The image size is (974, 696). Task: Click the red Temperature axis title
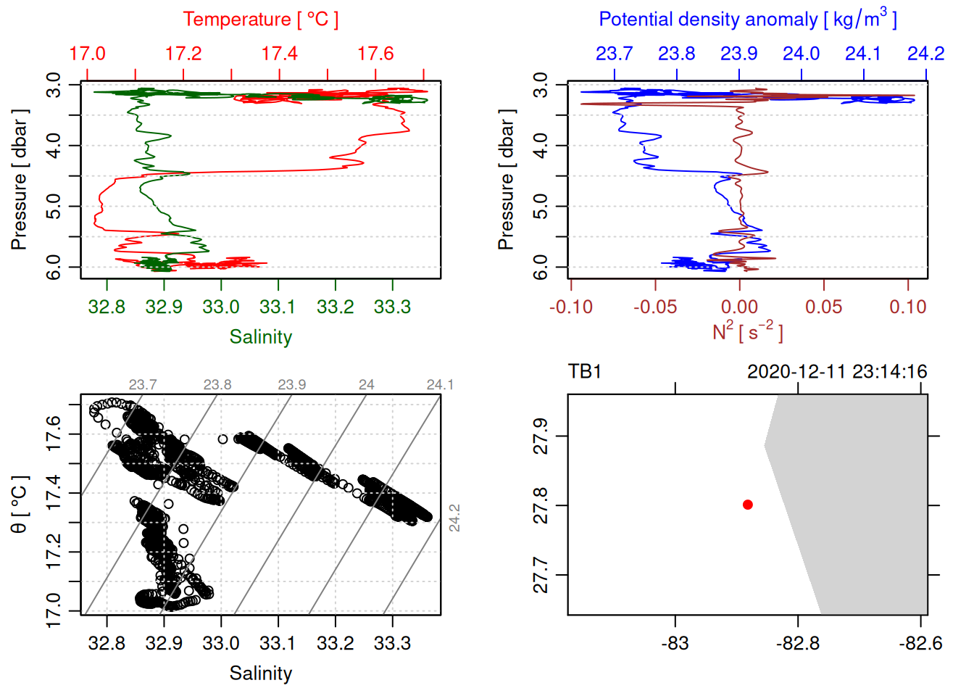click(260, 20)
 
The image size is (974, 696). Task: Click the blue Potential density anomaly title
click(747, 20)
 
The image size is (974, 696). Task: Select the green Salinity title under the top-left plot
click(260, 336)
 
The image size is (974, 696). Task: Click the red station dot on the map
click(748, 505)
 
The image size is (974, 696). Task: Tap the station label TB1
click(585, 372)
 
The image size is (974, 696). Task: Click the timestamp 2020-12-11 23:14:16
click(837, 372)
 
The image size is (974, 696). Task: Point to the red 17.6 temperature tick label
click(375, 54)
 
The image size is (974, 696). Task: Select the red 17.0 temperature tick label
click(87, 54)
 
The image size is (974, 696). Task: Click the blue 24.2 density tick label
click(925, 54)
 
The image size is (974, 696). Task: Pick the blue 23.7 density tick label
click(614, 54)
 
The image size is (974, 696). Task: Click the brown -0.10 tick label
click(571, 307)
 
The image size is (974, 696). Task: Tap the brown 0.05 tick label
click(823, 307)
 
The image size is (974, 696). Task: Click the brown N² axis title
click(747, 331)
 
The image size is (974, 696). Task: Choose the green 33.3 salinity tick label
click(392, 307)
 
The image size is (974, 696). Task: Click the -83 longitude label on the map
click(675, 643)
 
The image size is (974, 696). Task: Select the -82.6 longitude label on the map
click(920, 643)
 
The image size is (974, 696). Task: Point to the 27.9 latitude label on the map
click(541, 436)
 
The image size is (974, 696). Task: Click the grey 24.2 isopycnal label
click(454, 518)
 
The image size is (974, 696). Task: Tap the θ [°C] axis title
click(19, 504)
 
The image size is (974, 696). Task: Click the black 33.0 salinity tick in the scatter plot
click(220, 643)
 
